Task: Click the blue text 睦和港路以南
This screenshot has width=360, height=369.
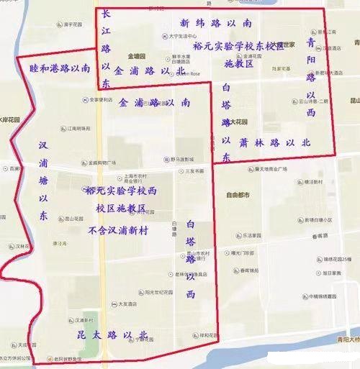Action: (x=60, y=68)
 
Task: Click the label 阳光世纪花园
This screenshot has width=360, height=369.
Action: (x=159, y=292)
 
